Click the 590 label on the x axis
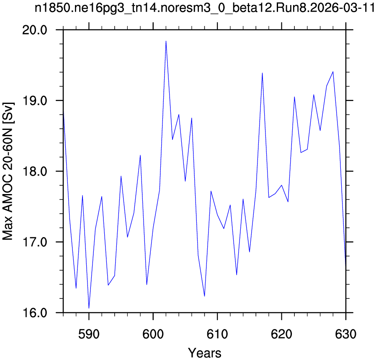tap(89, 334)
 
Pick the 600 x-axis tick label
tap(153, 334)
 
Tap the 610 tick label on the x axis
tap(217, 334)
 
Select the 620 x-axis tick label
tap(281, 334)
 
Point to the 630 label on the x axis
tap(345, 334)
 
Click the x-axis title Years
tap(205, 353)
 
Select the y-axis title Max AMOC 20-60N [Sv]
tap(8, 171)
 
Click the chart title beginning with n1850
tap(205, 8)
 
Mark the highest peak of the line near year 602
tap(166, 41)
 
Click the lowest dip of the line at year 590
tap(89, 308)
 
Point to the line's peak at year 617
tap(263, 73)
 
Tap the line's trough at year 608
tap(205, 296)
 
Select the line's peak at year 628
tap(333, 72)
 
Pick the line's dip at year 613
tap(237, 275)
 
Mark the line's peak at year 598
tap(140, 155)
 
